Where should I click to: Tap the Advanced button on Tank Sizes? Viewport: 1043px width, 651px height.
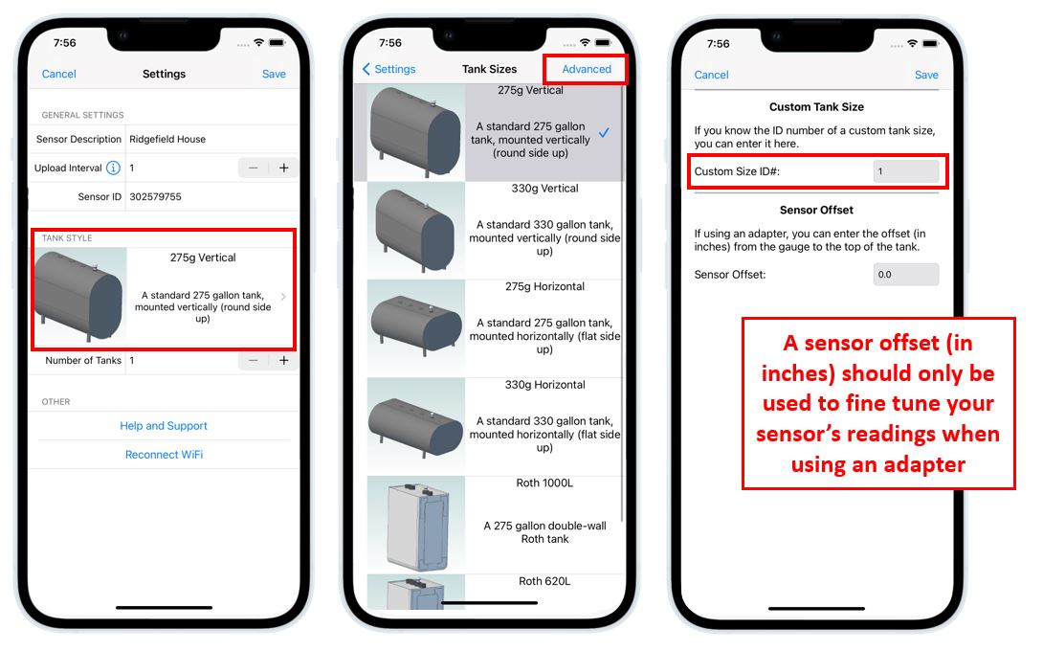tap(586, 69)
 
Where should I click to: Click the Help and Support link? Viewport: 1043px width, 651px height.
tap(164, 426)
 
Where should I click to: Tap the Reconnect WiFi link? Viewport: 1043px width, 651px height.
tap(165, 455)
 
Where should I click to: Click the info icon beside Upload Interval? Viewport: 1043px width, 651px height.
tap(113, 168)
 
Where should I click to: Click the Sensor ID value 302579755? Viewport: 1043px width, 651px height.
tap(155, 197)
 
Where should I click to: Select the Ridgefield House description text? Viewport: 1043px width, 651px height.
tap(167, 139)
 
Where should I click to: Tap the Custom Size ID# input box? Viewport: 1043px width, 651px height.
tap(906, 171)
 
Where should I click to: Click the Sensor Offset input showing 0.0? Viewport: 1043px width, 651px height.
tap(906, 274)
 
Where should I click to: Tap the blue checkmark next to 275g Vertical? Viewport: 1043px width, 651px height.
tap(604, 132)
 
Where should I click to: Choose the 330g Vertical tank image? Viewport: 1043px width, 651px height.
tap(416, 231)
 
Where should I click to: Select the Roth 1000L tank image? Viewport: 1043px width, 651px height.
tap(416, 525)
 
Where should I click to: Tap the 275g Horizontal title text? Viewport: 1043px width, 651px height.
tap(544, 287)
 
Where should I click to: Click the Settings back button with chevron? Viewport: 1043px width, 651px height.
tap(388, 69)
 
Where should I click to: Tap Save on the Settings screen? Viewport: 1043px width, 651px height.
tap(274, 74)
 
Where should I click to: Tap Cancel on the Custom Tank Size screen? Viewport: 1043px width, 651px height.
tap(711, 76)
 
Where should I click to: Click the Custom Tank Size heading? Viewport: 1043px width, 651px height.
tap(816, 107)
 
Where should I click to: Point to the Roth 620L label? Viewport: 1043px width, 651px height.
tap(544, 581)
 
